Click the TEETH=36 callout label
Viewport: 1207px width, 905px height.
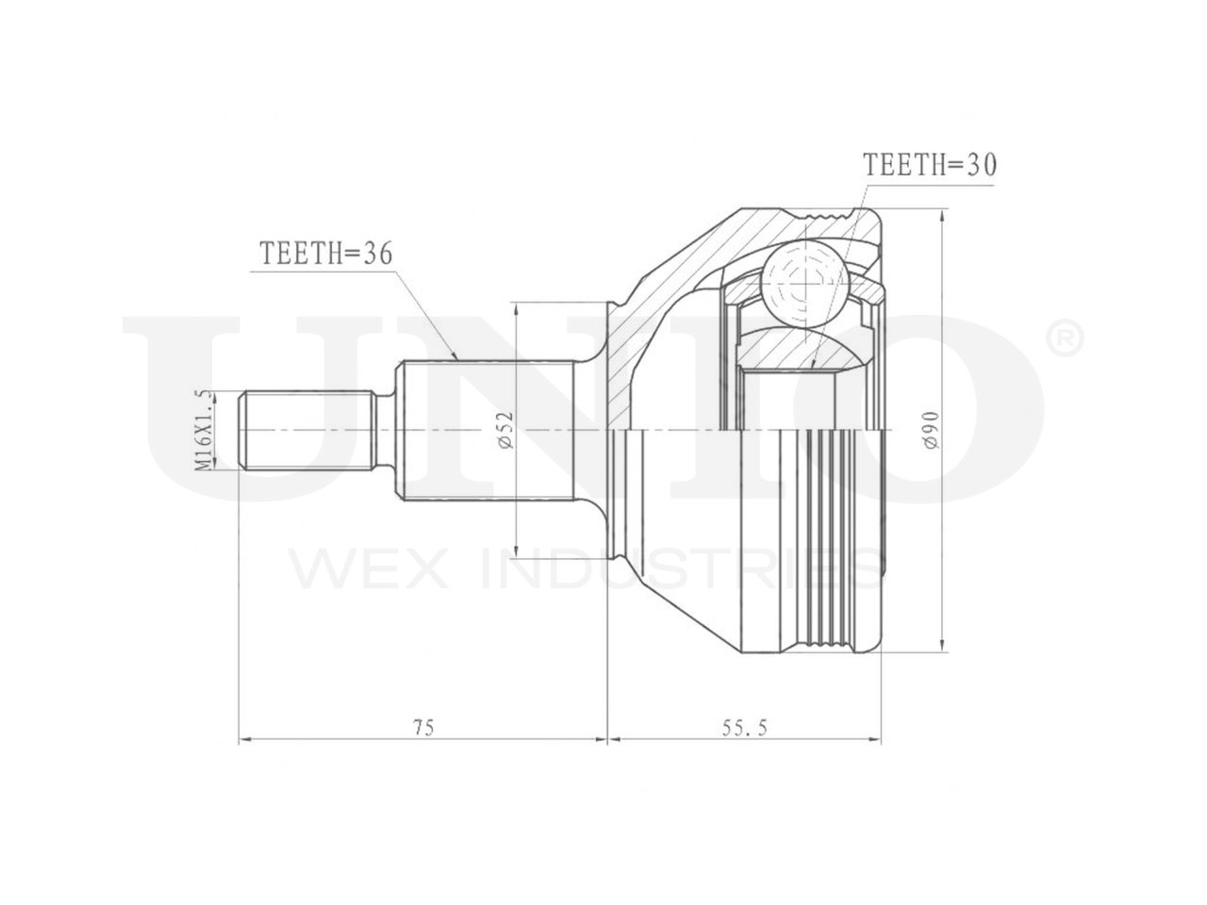[326, 254]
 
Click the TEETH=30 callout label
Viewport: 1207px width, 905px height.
[930, 165]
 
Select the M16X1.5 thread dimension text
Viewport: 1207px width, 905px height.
[203, 429]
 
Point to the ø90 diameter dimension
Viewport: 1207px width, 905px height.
[932, 430]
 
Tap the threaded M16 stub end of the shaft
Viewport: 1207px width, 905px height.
[308, 429]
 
